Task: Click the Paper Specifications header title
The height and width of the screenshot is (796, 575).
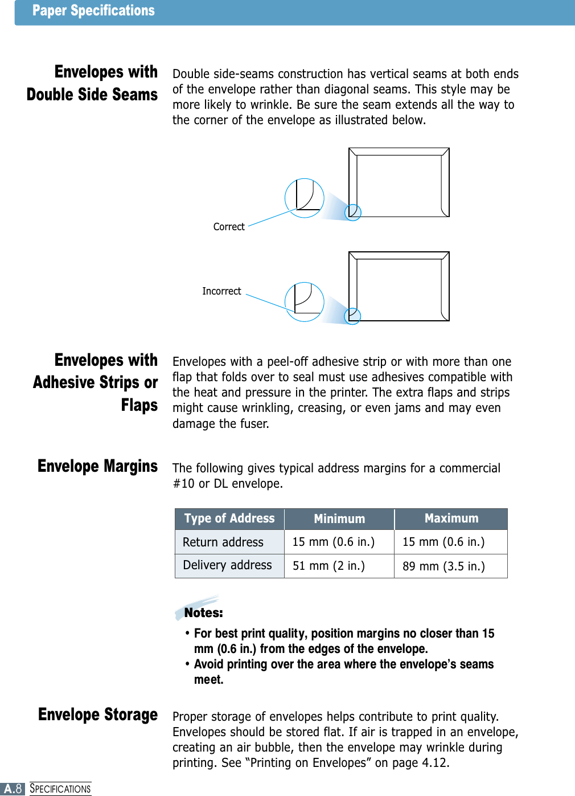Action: click(x=93, y=11)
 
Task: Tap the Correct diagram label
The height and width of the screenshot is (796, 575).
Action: click(x=229, y=227)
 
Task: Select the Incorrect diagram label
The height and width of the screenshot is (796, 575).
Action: click(x=221, y=291)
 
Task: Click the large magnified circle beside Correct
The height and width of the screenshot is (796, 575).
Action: click(x=305, y=198)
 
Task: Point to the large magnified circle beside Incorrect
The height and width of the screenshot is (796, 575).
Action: click(x=305, y=301)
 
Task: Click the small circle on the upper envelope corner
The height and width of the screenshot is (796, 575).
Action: click(x=353, y=212)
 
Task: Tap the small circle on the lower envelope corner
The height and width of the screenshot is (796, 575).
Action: click(x=352, y=316)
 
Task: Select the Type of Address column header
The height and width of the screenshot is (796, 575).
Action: click(x=229, y=519)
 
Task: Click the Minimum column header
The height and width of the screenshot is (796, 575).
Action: click(x=339, y=519)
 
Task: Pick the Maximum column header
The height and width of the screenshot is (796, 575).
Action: click(x=451, y=519)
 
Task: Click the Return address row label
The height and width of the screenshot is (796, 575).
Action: click(x=223, y=542)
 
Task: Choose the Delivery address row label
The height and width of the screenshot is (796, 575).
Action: click(x=227, y=565)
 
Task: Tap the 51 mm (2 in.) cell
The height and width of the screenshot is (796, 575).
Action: click(x=328, y=566)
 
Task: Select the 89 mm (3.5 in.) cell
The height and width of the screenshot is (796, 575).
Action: click(x=443, y=566)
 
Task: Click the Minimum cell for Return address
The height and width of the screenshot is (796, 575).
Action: click(x=333, y=542)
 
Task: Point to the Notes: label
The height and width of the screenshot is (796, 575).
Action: click(x=203, y=613)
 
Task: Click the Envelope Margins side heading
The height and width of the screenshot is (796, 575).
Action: click(x=97, y=467)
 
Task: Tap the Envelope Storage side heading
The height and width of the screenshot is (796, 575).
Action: click(x=98, y=715)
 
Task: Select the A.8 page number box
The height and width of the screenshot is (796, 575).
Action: click(x=13, y=789)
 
